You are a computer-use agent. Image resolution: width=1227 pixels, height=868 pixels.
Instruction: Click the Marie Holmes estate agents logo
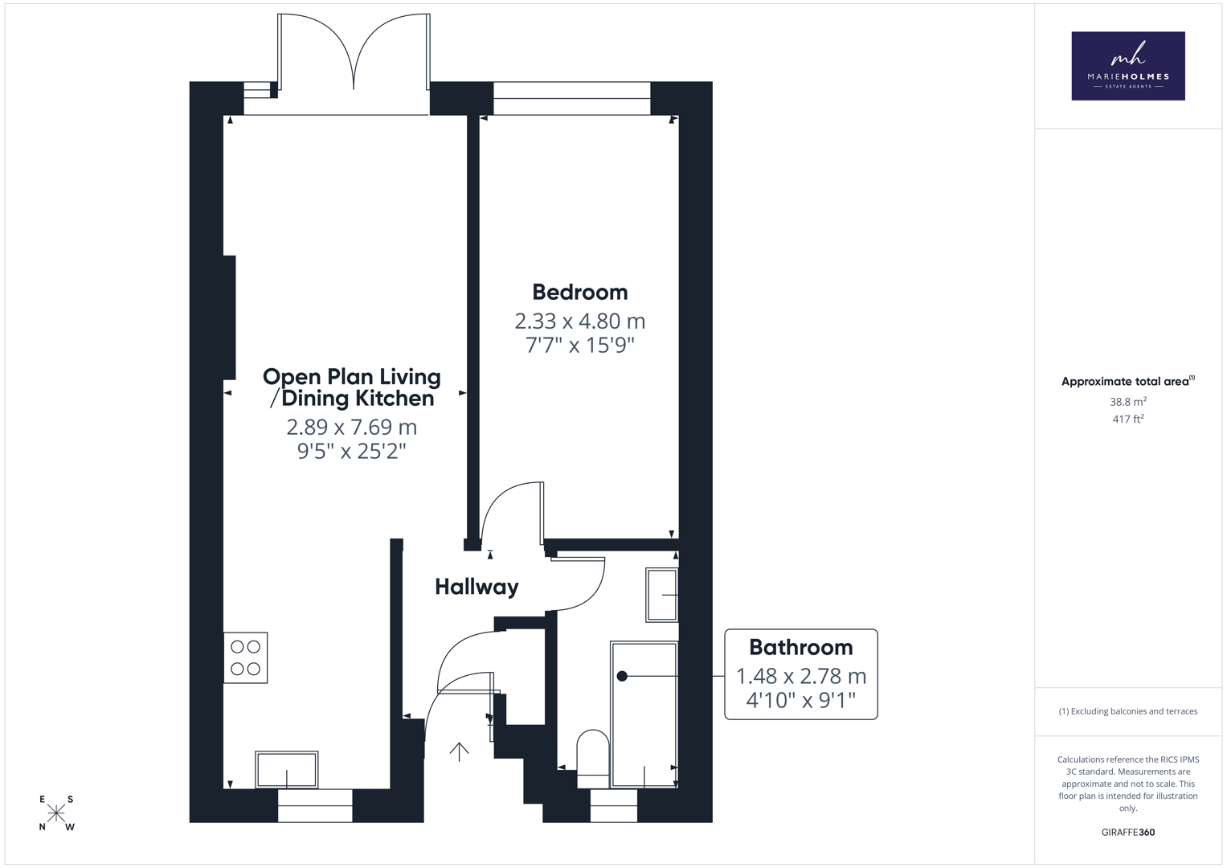point(1128,66)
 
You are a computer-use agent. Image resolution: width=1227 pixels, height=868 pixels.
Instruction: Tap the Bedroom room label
point(580,292)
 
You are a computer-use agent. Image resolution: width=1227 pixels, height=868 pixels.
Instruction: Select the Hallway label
point(476,587)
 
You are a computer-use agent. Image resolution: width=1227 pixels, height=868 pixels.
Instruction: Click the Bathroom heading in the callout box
point(801,647)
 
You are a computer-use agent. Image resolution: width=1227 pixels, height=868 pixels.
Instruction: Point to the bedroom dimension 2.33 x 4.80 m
point(580,321)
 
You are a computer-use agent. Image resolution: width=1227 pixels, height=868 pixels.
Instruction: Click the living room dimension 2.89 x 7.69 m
point(352,427)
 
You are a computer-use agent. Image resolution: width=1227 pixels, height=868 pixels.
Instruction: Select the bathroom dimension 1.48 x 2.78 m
point(801,676)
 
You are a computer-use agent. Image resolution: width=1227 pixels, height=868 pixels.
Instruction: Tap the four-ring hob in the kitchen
point(245,657)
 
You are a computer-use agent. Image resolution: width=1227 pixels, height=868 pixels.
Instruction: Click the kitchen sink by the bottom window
point(287,769)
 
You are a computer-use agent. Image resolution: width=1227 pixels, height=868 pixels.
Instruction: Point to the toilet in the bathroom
point(593,759)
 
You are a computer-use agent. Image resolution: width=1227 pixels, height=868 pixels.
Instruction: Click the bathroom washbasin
point(661,595)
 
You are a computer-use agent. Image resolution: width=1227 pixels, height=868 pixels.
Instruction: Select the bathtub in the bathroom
point(644,714)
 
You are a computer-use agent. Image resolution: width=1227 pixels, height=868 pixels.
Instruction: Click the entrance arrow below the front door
point(459,751)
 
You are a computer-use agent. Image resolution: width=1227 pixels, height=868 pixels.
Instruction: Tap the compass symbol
point(56,813)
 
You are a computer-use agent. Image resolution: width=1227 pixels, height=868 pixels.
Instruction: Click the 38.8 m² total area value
point(1128,402)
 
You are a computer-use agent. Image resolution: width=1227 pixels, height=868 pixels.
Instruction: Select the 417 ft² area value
point(1128,420)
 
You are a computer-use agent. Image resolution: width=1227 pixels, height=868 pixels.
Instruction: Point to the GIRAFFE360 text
point(1128,832)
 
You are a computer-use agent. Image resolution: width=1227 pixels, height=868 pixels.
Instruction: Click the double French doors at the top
point(354,52)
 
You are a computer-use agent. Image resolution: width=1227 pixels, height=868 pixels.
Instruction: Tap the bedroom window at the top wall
point(572,99)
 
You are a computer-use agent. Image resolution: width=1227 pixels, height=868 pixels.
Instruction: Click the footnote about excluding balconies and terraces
point(1128,711)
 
